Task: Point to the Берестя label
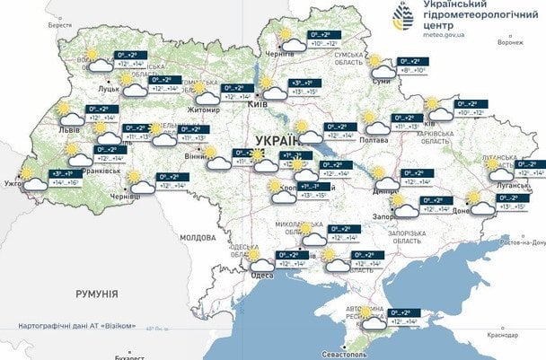pos(59,25)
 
